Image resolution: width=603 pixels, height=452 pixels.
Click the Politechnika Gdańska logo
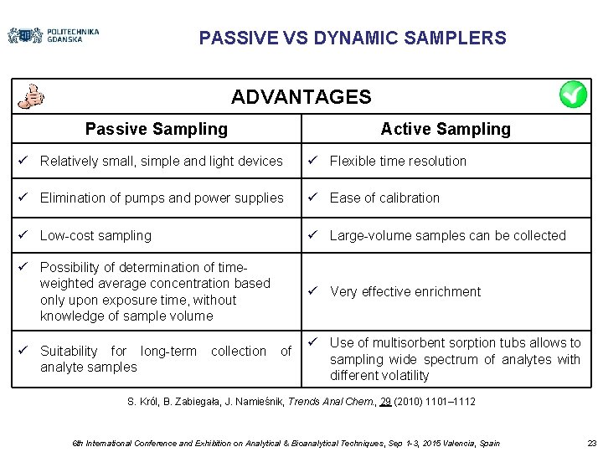pos(53,35)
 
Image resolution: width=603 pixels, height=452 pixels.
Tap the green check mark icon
pos(574,95)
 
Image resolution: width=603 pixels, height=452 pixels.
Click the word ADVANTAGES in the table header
pos(301,97)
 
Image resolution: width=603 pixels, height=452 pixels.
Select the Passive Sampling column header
pos(156,129)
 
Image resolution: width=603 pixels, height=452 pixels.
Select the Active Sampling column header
pos(445,129)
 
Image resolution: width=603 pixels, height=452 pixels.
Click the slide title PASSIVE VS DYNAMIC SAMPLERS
pos(353,39)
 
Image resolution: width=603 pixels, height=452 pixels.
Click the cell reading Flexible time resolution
pos(398,161)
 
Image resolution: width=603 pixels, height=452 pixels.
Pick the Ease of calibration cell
pos(384,198)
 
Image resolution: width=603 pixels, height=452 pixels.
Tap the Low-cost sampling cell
pos(95,235)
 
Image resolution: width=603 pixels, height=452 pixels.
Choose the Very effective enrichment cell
pos(405,291)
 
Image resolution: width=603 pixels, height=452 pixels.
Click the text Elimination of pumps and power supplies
pos(162,198)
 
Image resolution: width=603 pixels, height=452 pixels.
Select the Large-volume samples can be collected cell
pos(447,235)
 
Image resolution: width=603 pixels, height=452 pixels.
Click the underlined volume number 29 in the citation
pos(385,402)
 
